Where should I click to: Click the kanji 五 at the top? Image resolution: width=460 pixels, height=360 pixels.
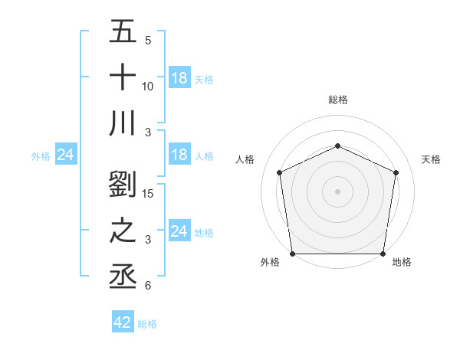click(123, 33)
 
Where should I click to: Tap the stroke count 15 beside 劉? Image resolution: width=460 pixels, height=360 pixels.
click(149, 194)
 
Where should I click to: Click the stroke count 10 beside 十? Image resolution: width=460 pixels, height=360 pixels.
click(149, 86)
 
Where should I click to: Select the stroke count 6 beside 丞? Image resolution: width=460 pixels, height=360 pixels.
click(147, 286)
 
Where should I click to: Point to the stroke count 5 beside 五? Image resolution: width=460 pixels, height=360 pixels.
click(147, 41)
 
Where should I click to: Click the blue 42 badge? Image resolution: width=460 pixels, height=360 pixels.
click(123, 322)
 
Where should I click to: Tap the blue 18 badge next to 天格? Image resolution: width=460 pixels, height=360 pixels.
click(179, 78)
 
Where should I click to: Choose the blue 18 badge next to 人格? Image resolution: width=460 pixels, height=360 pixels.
click(179, 155)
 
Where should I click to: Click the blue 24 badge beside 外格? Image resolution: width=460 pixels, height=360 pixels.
click(66, 155)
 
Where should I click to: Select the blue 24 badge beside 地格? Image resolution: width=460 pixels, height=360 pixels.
click(179, 231)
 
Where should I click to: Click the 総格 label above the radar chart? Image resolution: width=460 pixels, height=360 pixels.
click(338, 100)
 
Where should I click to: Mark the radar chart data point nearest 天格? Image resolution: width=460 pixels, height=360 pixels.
click(396, 172)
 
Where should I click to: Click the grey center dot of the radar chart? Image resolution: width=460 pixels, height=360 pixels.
click(338, 191)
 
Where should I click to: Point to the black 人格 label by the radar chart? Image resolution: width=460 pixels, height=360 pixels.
click(245, 159)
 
